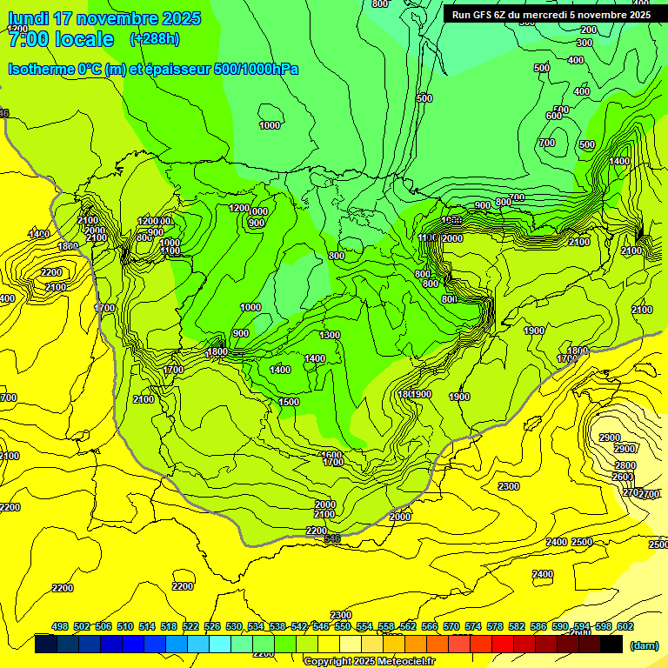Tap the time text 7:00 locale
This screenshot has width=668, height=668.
(x=61, y=39)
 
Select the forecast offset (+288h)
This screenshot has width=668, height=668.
(x=155, y=39)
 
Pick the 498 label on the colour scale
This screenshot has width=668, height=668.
(x=60, y=626)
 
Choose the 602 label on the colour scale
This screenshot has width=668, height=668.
(x=625, y=626)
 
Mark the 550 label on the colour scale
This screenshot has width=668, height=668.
(x=343, y=626)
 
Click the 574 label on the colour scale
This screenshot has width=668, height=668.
(x=473, y=626)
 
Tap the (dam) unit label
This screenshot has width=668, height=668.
(x=645, y=645)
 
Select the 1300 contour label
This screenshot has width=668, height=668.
(x=330, y=335)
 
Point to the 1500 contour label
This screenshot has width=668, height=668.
(x=289, y=402)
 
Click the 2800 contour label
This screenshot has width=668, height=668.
(x=625, y=465)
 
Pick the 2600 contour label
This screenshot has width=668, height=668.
(x=623, y=477)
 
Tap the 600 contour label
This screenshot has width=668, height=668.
(x=553, y=116)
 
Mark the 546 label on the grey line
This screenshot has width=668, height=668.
(x=331, y=539)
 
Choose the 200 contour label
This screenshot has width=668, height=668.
(x=589, y=30)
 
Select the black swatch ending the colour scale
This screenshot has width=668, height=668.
(x=611, y=645)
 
